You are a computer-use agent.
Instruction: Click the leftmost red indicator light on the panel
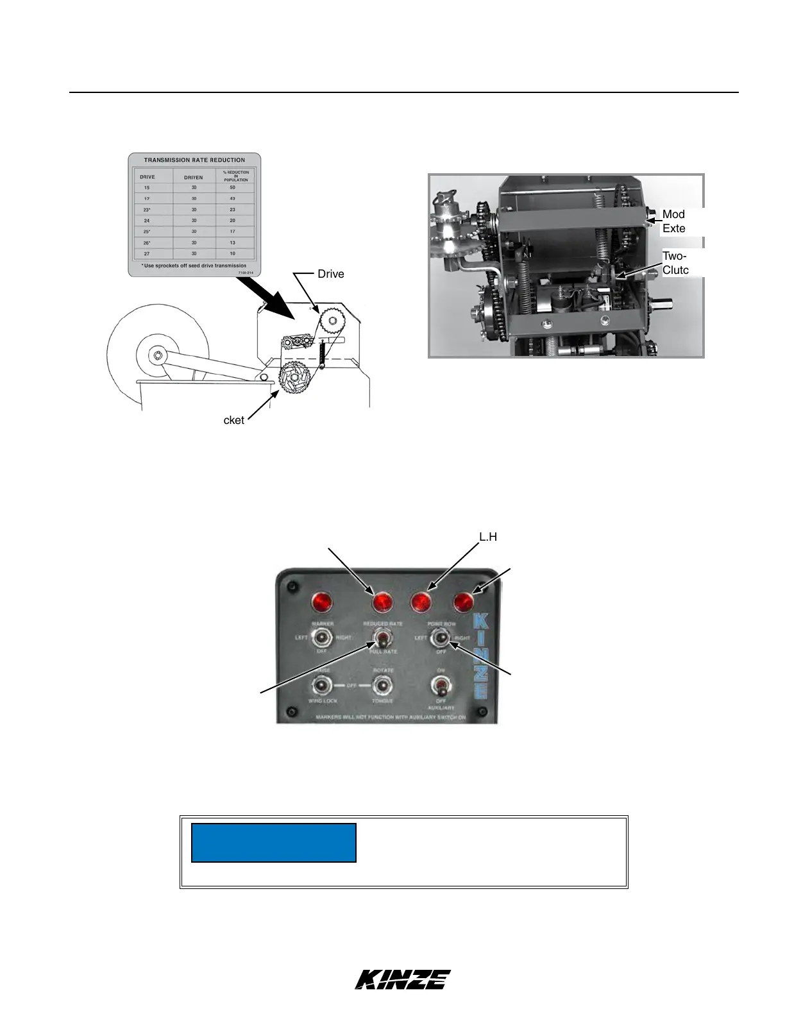pos(322,603)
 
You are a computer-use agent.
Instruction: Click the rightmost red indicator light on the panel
pos(463,602)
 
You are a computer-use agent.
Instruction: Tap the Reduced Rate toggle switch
pos(383,639)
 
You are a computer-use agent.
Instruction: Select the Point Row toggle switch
pos(440,639)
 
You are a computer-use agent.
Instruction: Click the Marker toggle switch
pos(322,638)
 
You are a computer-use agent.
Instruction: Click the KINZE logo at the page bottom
pos(403,979)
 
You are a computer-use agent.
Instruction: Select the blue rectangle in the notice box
pos(274,842)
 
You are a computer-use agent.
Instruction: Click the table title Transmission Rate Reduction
pos(194,160)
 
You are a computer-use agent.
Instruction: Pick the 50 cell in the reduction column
pos(233,188)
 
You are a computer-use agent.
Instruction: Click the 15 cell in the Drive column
pos(147,188)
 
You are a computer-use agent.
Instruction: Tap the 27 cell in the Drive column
pos(147,253)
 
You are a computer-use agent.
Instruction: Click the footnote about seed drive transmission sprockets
pos(194,266)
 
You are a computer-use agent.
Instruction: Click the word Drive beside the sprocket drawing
pos(331,275)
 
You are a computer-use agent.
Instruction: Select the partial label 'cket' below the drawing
pos(234,421)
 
